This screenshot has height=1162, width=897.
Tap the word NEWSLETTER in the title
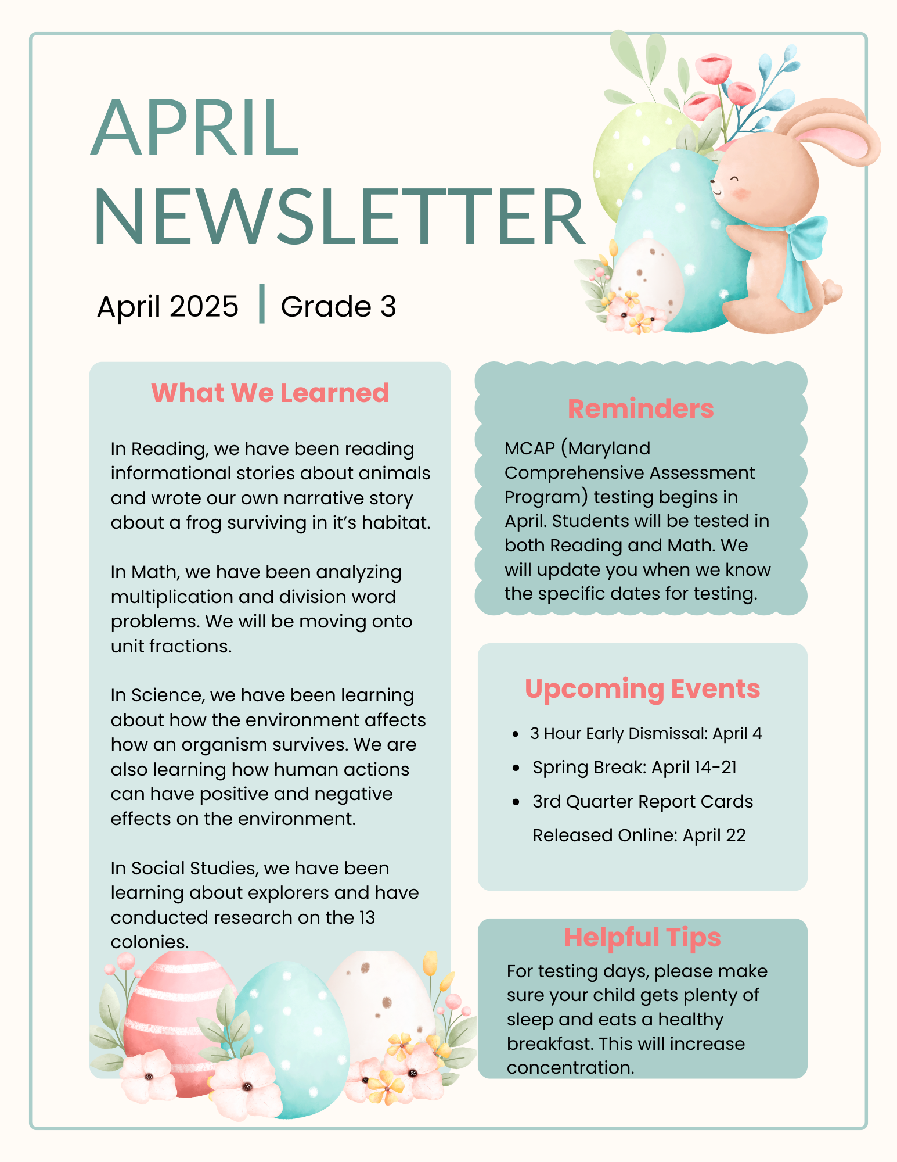[338, 216]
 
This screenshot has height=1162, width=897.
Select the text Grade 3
[338, 306]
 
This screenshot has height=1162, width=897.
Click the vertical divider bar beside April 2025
[262, 304]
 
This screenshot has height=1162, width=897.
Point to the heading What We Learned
[270, 393]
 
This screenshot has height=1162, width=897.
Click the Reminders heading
[640, 408]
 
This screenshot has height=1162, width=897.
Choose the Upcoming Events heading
[642, 689]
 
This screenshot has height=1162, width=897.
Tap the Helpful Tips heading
[642, 937]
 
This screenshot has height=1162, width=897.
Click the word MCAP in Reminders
[529, 449]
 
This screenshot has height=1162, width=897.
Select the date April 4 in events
[737, 734]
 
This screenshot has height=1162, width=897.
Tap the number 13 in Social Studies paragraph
[367, 917]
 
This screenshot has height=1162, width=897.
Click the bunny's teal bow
[804, 244]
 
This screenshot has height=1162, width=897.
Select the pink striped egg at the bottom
[168, 1023]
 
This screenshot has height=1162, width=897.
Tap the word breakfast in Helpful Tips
[549, 1043]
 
